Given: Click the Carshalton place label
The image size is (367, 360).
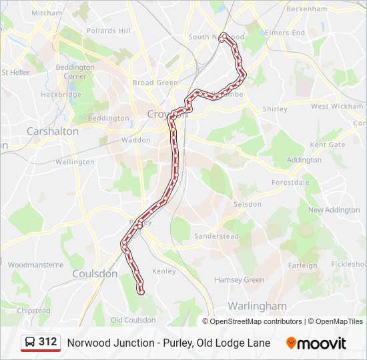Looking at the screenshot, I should pyautogui.click(x=52, y=131).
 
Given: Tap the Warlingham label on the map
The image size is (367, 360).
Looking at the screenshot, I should pyautogui.click(x=257, y=306).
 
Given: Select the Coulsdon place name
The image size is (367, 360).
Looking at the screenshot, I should pyautogui.click(x=94, y=274).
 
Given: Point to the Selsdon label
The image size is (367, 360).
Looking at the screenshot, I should pyautogui.click(x=248, y=204).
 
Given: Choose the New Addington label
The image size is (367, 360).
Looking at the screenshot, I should pyautogui.click(x=334, y=210).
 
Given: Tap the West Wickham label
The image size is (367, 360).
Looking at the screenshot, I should pyautogui.click(x=337, y=106).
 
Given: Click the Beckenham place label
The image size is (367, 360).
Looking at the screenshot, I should pyautogui.click(x=306, y=9).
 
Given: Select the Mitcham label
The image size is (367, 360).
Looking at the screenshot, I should pyautogui.click(x=47, y=13).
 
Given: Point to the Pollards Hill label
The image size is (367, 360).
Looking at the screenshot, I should pyautogui.click(x=108, y=31).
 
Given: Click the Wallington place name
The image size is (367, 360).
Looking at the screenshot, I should pyautogui.click(x=75, y=162).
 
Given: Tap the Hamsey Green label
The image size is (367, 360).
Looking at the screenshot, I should pyautogui.click(x=240, y=280).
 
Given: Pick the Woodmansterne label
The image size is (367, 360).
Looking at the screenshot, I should pyautogui.click(x=35, y=265).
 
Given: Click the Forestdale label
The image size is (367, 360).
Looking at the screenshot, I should pyautogui.click(x=290, y=182).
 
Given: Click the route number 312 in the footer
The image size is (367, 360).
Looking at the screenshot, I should pyautogui.click(x=48, y=342).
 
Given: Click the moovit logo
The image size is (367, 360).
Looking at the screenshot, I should pyautogui.click(x=316, y=343).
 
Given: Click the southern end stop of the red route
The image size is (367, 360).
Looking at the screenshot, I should pyautogui.click(x=141, y=291).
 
